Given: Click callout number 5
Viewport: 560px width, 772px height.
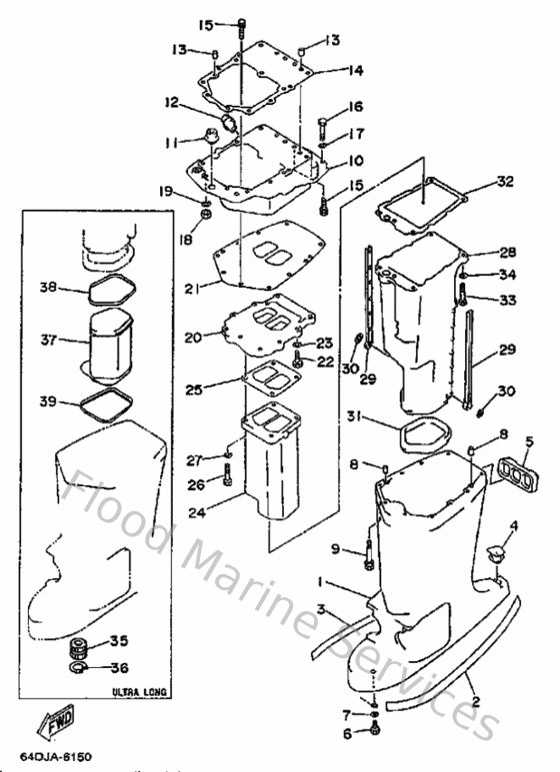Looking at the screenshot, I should click(530, 440).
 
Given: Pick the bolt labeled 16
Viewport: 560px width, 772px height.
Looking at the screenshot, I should click(323, 129).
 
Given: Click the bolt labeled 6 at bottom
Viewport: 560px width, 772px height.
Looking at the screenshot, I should click(374, 732).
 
